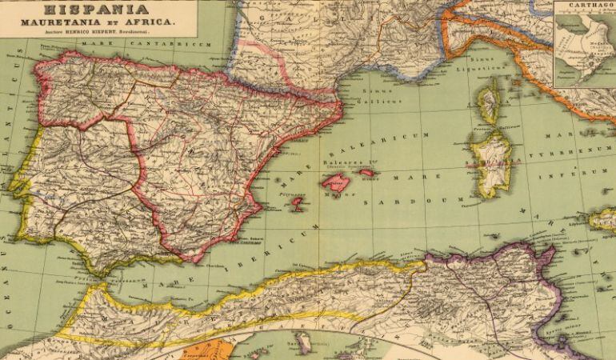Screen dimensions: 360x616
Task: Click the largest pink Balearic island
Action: tap(336, 181)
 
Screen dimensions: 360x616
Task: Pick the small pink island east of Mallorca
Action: tap(367, 172)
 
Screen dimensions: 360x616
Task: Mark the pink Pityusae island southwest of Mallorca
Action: tap(296, 204)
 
